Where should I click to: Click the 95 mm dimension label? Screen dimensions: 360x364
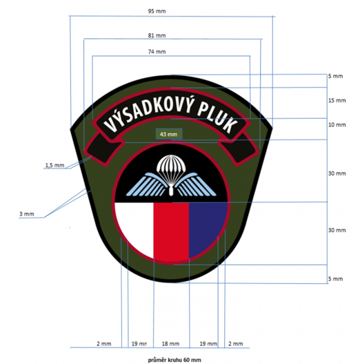157,11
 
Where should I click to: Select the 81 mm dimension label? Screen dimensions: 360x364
157,36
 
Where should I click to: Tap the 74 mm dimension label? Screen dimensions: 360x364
157,52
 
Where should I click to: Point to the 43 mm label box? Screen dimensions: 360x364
169,134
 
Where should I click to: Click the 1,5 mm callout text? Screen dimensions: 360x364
55,165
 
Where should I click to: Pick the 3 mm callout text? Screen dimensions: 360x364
27,214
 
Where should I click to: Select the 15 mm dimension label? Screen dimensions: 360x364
337,101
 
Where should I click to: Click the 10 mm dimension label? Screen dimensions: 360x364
337,125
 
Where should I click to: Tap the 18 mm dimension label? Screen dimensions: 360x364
170,344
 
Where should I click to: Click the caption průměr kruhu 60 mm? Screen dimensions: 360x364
175,360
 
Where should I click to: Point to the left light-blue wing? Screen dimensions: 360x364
147,184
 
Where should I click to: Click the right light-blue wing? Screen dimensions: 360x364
195,185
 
